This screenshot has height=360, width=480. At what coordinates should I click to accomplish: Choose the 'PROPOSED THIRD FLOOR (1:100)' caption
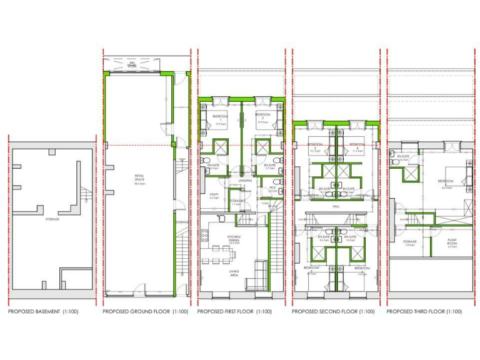(x=424, y=311)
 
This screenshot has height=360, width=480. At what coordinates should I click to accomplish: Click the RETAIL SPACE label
(x=139, y=179)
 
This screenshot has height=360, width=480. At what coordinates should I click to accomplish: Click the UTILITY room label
(x=214, y=194)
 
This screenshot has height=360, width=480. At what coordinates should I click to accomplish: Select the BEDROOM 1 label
(x=220, y=118)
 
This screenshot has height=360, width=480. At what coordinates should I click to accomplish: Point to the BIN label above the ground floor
(x=132, y=64)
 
